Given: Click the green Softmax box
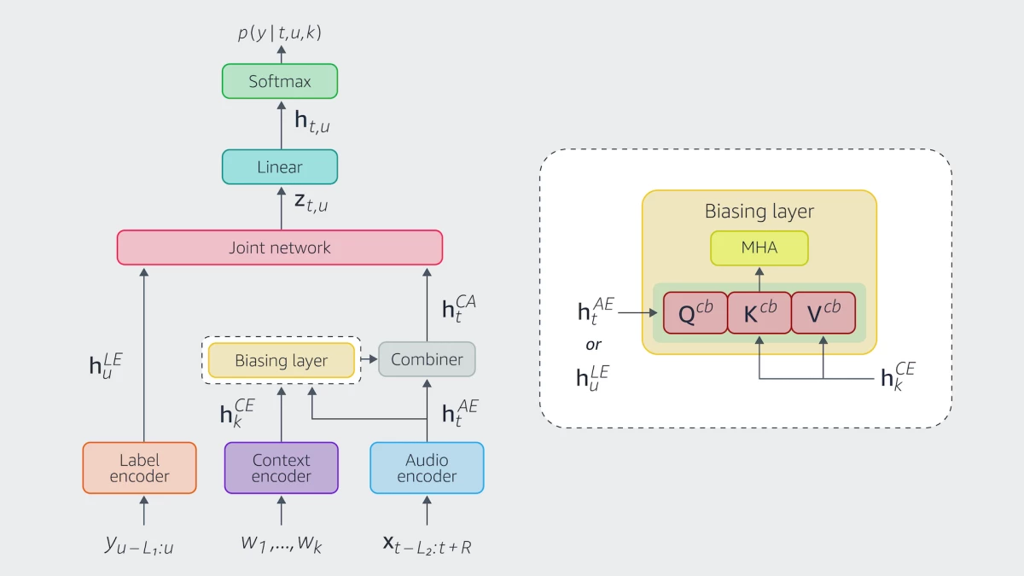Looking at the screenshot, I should [x=280, y=82].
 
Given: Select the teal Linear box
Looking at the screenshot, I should [x=280, y=167].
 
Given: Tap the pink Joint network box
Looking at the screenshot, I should [x=280, y=247].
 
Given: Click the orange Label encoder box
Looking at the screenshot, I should [x=140, y=468].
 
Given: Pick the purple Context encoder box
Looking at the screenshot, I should [x=282, y=468].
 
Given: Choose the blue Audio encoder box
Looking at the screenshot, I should [x=427, y=468].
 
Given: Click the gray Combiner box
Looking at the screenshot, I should [x=427, y=360].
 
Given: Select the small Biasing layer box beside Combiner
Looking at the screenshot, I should [x=281, y=360].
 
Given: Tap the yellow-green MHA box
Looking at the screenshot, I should [x=759, y=248].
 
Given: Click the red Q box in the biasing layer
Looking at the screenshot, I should [x=695, y=312].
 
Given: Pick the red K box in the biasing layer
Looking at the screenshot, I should [x=759, y=312].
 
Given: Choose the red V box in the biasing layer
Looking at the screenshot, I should [x=823, y=312].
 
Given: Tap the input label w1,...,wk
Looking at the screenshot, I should [x=282, y=543].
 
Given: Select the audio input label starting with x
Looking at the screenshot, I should [x=427, y=544].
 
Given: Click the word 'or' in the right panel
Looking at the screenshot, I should [x=594, y=345].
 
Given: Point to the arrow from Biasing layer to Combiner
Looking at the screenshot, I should [x=366, y=360].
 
